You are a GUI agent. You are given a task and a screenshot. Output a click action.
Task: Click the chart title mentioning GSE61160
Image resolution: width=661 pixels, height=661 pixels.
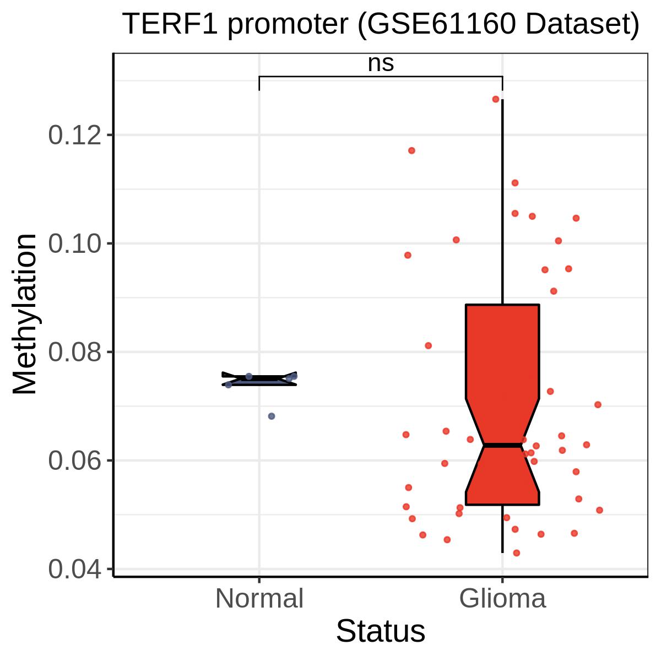[381, 24]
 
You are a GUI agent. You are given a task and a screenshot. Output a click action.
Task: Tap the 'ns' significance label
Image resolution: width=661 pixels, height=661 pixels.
[381, 63]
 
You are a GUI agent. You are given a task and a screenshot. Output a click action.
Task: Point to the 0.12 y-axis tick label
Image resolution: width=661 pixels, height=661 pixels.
[75, 135]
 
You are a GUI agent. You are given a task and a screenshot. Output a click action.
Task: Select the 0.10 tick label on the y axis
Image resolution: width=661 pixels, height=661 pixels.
[75, 243]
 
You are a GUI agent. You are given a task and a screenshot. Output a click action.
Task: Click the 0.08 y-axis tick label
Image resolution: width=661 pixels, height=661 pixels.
[75, 352]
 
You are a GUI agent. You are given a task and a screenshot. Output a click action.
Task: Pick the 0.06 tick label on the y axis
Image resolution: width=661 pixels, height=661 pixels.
[75, 460]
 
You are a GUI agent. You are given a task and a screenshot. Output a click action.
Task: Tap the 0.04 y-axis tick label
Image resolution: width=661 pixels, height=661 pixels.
[75, 569]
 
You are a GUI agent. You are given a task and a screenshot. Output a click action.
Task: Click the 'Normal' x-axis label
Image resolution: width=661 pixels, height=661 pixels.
[259, 599]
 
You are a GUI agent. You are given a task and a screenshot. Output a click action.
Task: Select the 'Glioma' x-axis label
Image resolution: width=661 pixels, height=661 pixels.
[502, 599]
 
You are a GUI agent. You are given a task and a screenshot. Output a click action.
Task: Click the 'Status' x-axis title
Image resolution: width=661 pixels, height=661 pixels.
[381, 631]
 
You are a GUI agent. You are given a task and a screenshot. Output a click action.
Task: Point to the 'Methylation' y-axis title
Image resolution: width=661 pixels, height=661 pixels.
[25, 314]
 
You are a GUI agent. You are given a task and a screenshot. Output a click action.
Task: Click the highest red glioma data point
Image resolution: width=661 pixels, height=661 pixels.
[496, 99]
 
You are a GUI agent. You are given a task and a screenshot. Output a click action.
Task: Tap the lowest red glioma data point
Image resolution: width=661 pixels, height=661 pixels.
[516, 552]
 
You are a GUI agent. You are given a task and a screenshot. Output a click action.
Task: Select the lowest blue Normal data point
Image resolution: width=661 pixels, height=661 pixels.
[272, 416]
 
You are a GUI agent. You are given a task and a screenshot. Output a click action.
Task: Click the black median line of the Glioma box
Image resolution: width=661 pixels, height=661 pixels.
[502, 445]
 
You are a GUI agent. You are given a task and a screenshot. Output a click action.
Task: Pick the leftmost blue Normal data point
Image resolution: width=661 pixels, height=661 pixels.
[229, 385]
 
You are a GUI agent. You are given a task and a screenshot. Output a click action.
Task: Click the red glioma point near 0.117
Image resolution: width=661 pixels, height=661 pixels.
[411, 150]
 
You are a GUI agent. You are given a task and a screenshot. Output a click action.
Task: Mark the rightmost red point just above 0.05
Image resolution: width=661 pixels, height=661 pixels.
[599, 510]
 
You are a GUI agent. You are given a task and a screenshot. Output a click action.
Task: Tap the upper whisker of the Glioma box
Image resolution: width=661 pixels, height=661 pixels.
[502, 202]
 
